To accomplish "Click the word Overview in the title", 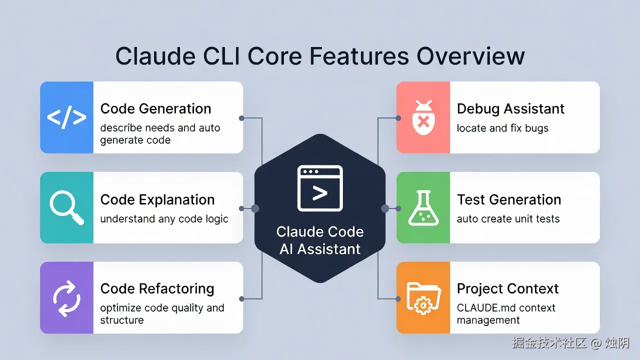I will [470, 56].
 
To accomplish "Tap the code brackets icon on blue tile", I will [66, 117].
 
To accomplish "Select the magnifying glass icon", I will [66, 208].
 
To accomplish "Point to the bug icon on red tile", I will [423, 117].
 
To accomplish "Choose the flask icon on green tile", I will [423, 208].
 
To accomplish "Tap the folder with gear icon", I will [423, 298].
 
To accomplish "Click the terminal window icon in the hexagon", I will [320, 188].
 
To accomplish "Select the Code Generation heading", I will [155, 109].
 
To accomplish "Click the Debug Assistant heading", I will [510, 109].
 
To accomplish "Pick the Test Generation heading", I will [509, 199].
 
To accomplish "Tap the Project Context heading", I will [507, 289].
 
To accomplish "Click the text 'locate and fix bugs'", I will [502, 128].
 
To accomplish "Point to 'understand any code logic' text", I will [164, 219].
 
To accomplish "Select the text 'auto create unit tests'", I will [508, 219].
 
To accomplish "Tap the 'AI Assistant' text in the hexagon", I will [320, 249].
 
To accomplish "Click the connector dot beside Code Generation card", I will [241, 118].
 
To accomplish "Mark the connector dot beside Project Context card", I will [398, 298].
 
